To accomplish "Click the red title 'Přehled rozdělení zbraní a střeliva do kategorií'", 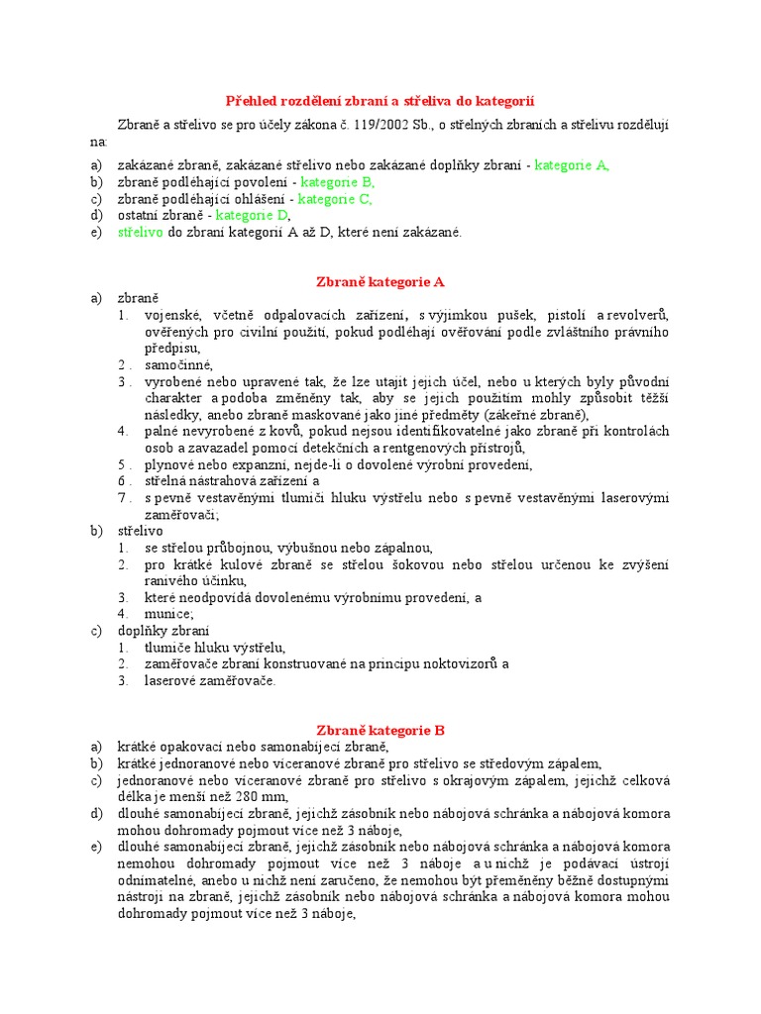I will (380, 101).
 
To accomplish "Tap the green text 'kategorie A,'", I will (572, 165).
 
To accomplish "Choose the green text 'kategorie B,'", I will (337, 182).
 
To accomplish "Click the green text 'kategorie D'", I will (252, 215).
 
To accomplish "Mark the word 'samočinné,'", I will (178, 364).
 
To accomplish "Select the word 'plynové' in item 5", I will (169, 464).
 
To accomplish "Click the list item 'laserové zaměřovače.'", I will (210, 680).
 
